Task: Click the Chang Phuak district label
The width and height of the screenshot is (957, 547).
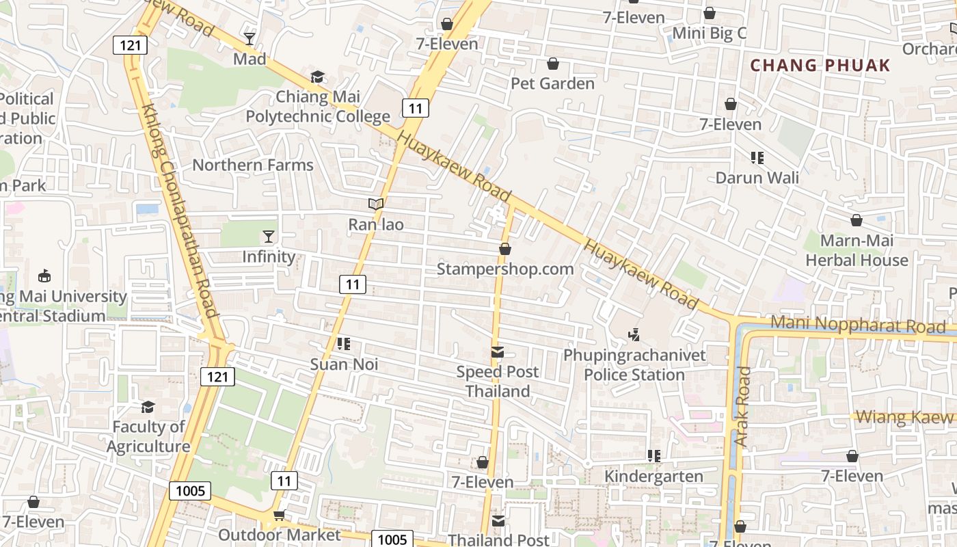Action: (820, 66)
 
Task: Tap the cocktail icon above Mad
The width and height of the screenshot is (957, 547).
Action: (250, 38)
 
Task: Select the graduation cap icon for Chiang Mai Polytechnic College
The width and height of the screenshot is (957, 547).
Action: (317, 77)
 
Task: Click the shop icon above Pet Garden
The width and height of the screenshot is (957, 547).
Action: (552, 64)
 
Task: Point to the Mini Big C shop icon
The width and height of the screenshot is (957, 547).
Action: (710, 13)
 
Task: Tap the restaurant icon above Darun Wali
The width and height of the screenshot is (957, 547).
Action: (757, 158)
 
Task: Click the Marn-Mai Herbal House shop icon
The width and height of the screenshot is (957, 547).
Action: (856, 220)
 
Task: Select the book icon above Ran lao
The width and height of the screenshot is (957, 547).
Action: (375, 204)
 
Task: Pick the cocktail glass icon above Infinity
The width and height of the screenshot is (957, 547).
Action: (269, 237)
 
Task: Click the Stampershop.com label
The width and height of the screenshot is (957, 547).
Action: (505, 269)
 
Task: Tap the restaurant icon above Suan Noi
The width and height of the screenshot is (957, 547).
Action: (344, 344)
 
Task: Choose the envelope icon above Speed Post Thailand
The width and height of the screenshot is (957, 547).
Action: (498, 353)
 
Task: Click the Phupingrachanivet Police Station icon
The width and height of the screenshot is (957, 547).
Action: (634, 335)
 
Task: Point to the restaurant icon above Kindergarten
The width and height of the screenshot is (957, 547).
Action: (653, 455)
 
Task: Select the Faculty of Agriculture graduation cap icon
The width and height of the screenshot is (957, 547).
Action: (148, 408)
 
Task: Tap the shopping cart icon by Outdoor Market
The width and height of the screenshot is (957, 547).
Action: (279, 515)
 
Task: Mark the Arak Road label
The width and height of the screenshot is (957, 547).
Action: (743, 407)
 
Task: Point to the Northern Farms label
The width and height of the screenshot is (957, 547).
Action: (253, 165)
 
